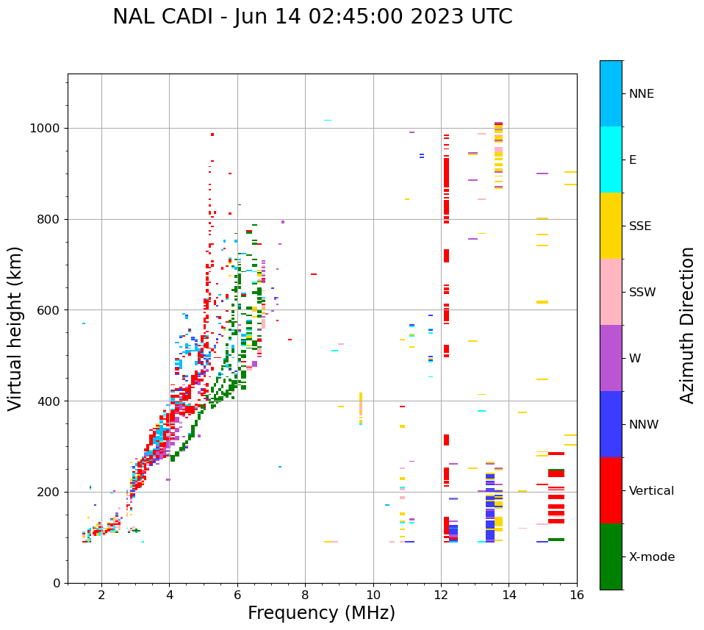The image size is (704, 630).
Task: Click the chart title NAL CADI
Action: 312,17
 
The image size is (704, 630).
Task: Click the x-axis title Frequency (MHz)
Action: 321,613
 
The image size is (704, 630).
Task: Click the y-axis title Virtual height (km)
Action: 15,329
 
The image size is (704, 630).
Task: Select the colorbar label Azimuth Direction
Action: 687,325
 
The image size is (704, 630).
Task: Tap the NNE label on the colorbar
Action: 641,94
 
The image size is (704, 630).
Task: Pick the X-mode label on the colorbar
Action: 651,557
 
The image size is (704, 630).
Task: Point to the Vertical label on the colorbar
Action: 651,491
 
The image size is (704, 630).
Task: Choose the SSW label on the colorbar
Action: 642,293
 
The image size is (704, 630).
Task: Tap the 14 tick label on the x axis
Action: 509,595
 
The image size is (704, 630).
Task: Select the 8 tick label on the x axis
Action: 305,595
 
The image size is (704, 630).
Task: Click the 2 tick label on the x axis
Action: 101,595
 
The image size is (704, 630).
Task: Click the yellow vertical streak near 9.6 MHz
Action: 361,408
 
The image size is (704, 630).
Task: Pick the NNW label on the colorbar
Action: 644,425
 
